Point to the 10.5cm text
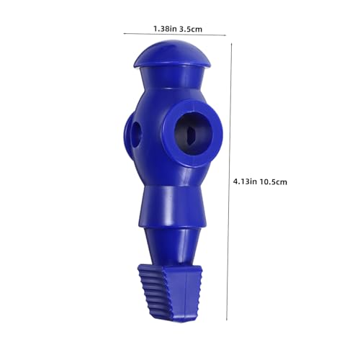tap(275, 181)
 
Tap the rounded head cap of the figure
tap(173, 54)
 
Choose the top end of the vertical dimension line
tap(231, 42)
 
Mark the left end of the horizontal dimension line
tap(124, 33)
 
